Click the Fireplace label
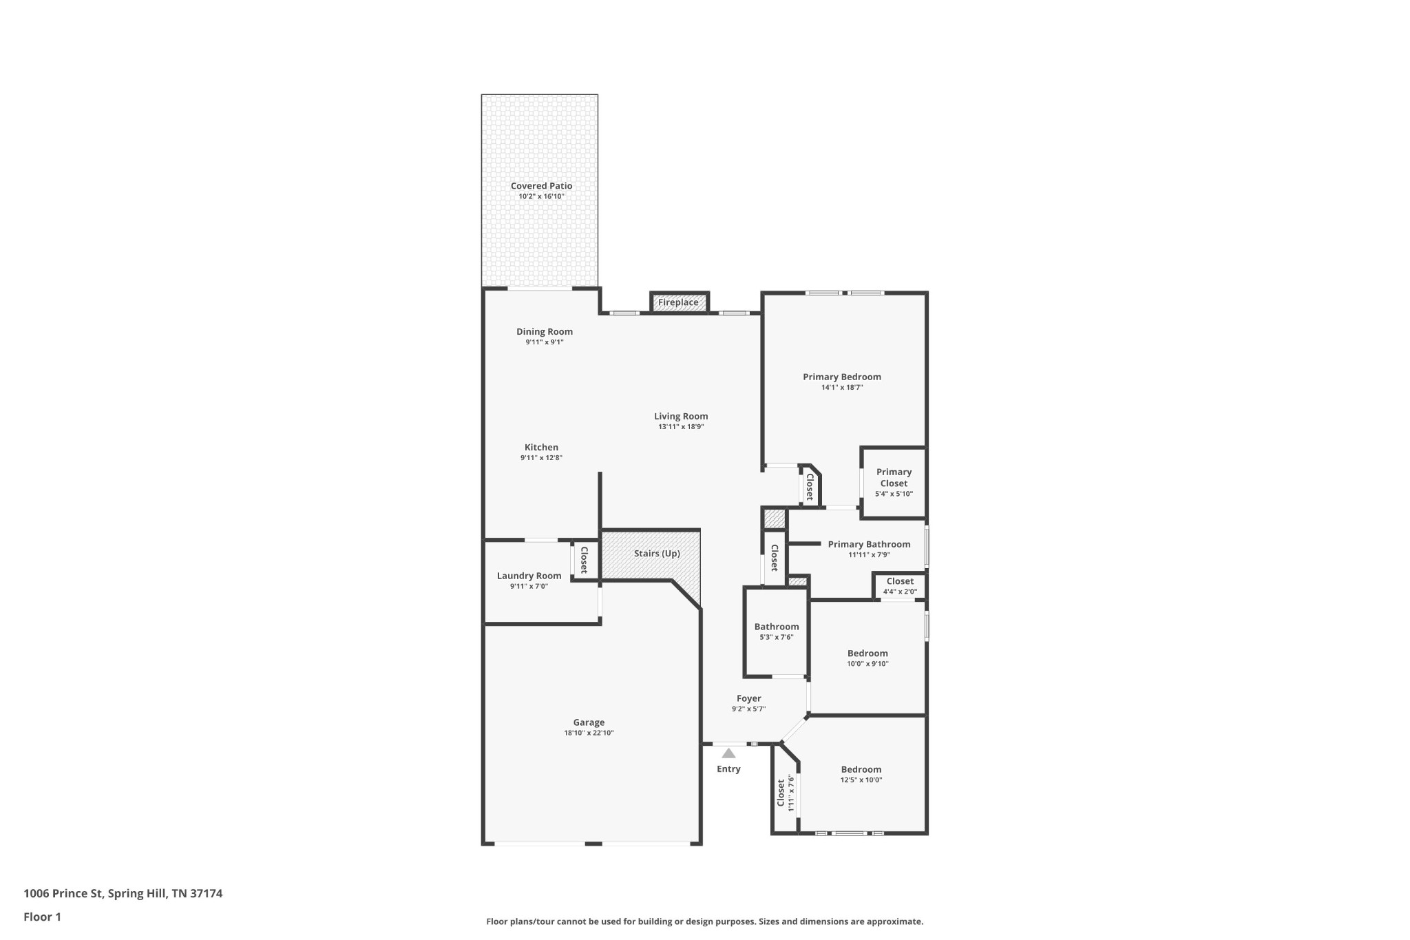click(x=678, y=302)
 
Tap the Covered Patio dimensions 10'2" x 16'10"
click(x=541, y=197)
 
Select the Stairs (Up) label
click(x=657, y=554)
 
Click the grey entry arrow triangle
click(x=728, y=753)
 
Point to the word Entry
click(x=728, y=769)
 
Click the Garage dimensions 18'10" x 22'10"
click(x=589, y=733)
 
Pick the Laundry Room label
click(x=529, y=576)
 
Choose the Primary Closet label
click(x=894, y=477)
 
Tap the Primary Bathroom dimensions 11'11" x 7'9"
click(x=869, y=555)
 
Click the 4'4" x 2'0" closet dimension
click(x=900, y=592)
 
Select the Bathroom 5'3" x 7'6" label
click(x=777, y=627)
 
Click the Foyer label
click(x=748, y=698)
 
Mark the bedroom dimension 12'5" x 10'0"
click(x=861, y=780)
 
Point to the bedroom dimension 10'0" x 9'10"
click(x=867, y=664)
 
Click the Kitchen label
click(x=541, y=448)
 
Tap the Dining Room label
click(x=545, y=332)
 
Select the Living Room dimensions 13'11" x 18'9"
click(x=681, y=427)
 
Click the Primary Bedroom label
click(x=841, y=377)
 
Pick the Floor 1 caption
click(x=42, y=917)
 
